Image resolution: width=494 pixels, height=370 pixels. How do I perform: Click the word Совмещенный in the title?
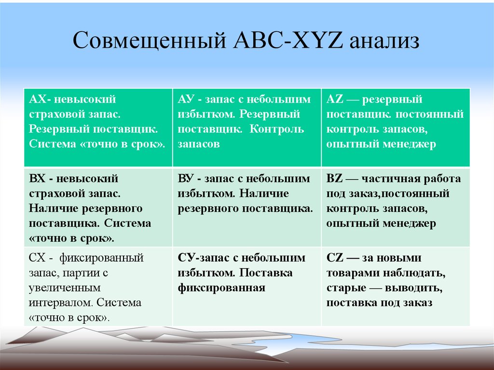150,40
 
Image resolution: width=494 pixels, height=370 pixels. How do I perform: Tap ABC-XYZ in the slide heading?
288,40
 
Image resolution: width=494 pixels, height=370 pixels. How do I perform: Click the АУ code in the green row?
186,99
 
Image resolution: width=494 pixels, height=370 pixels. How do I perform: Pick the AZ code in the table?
335,99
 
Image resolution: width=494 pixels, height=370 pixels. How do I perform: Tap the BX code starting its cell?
37,178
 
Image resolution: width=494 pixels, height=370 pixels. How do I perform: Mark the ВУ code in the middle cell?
185,178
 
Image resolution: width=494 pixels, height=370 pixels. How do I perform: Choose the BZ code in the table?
334,178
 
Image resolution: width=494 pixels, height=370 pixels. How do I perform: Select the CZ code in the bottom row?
334,258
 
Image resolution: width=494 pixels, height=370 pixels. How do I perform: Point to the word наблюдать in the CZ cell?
414,274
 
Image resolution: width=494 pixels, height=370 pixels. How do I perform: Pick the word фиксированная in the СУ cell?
221,288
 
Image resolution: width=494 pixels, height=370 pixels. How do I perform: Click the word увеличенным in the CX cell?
65,288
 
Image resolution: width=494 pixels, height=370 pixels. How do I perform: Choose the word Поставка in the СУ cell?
266,273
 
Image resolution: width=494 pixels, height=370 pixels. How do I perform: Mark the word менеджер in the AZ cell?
409,145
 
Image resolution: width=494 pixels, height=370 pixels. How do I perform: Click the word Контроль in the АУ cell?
276,130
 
